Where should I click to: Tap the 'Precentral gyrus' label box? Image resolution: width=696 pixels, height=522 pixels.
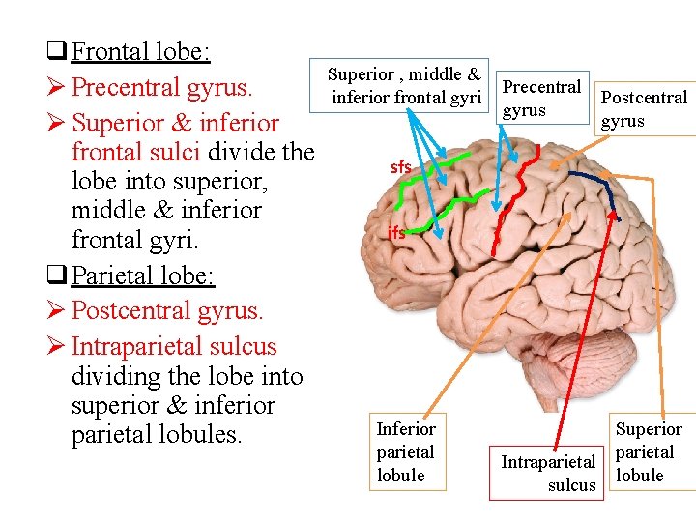[542, 98]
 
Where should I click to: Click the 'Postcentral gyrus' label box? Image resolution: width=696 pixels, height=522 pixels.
[644, 108]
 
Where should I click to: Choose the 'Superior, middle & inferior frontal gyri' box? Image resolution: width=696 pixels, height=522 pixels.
[405, 85]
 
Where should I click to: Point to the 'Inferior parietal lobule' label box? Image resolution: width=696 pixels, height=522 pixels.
[406, 451]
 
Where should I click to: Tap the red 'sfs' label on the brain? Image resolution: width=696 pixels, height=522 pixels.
[400, 167]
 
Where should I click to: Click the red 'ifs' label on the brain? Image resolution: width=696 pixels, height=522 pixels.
[396, 233]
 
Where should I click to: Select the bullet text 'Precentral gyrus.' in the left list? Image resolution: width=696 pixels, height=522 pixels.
[162, 87]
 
